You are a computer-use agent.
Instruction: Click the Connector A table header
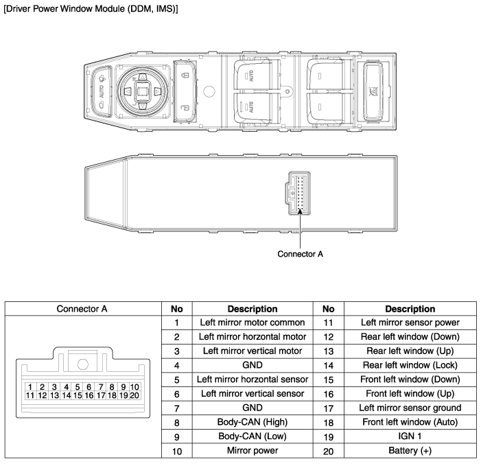click(x=82, y=309)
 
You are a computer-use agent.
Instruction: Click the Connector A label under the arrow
click(x=300, y=253)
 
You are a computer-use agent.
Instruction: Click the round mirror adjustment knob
click(x=143, y=90)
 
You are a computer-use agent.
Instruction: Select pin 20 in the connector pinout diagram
click(x=134, y=396)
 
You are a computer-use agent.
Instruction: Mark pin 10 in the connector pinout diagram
click(x=134, y=388)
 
